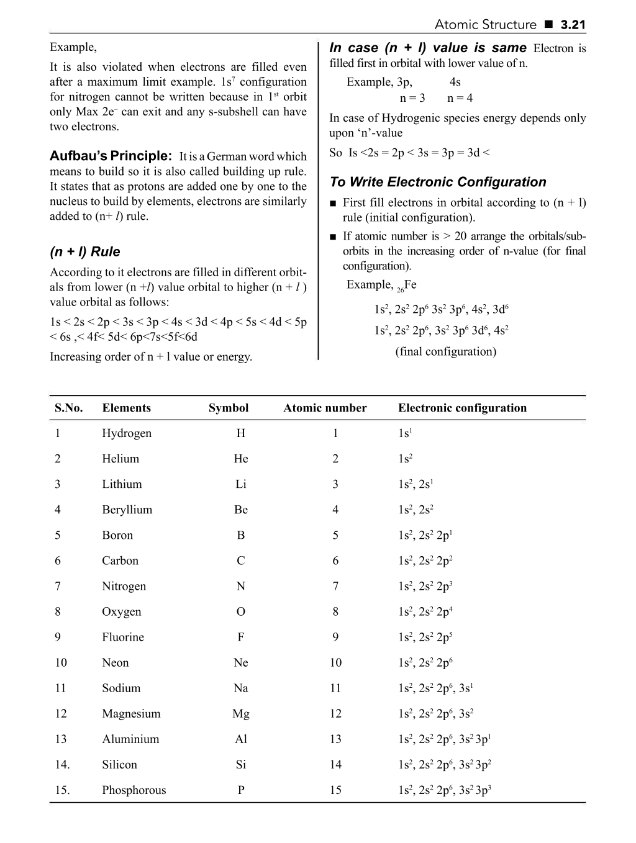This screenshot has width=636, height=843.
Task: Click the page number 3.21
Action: tap(573, 25)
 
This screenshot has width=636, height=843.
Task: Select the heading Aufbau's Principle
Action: tap(111, 156)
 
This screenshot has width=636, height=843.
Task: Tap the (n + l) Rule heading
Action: tap(84, 251)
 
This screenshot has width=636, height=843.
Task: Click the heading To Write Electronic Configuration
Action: tap(438, 182)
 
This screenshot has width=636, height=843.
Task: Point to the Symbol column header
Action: tap(229, 408)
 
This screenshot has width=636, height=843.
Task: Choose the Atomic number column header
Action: tap(325, 408)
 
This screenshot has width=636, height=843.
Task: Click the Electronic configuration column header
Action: tap(462, 408)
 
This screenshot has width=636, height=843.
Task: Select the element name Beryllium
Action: tap(127, 510)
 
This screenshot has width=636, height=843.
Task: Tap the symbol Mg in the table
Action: tap(241, 713)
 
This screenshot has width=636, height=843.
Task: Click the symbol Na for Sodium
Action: tap(241, 688)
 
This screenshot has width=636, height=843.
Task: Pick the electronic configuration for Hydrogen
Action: tap(404, 433)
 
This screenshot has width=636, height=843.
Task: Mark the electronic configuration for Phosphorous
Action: tap(445, 790)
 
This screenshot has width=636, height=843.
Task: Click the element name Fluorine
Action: tap(123, 637)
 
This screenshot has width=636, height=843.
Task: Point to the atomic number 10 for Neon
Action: tap(335, 662)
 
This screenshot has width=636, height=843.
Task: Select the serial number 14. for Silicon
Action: tap(62, 765)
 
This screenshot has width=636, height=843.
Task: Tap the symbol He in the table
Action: tap(241, 459)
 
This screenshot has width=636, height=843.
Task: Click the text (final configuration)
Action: tap(446, 351)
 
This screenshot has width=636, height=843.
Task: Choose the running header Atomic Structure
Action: tap(485, 25)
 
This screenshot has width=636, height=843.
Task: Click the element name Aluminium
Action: tap(130, 739)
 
